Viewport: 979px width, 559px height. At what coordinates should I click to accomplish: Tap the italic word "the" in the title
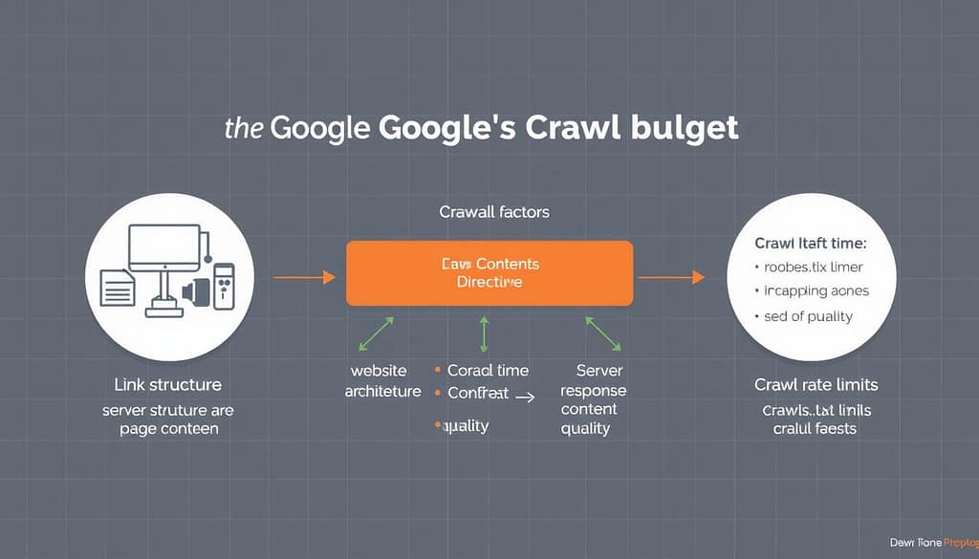coord(245,128)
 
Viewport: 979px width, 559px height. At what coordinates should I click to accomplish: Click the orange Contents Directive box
coord(489,272)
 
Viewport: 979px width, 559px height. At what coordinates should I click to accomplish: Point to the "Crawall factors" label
coord(494,211)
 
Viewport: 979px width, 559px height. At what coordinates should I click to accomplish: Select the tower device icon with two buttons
coord(223,284)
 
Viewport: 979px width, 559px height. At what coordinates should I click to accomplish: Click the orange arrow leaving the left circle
coord(304,277)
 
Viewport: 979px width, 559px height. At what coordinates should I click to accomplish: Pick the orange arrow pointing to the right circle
coord(671,277)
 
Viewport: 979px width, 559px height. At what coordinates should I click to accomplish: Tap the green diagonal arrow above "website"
coord(375,333)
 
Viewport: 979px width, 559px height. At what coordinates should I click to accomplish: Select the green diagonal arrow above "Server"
coord(602,332)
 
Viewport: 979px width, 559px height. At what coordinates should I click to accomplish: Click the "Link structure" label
coord(167,385)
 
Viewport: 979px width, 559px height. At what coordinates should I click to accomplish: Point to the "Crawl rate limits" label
coord(816,385)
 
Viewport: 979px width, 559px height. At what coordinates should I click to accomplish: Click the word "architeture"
coord(381,391)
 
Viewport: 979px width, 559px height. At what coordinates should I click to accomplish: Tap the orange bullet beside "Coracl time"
coord(437,370)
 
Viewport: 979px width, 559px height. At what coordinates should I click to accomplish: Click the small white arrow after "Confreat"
coord(524,393)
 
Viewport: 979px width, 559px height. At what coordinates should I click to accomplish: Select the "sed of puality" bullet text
coord(808,316)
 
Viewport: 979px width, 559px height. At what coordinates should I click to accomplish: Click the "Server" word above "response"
coord(599,370)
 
